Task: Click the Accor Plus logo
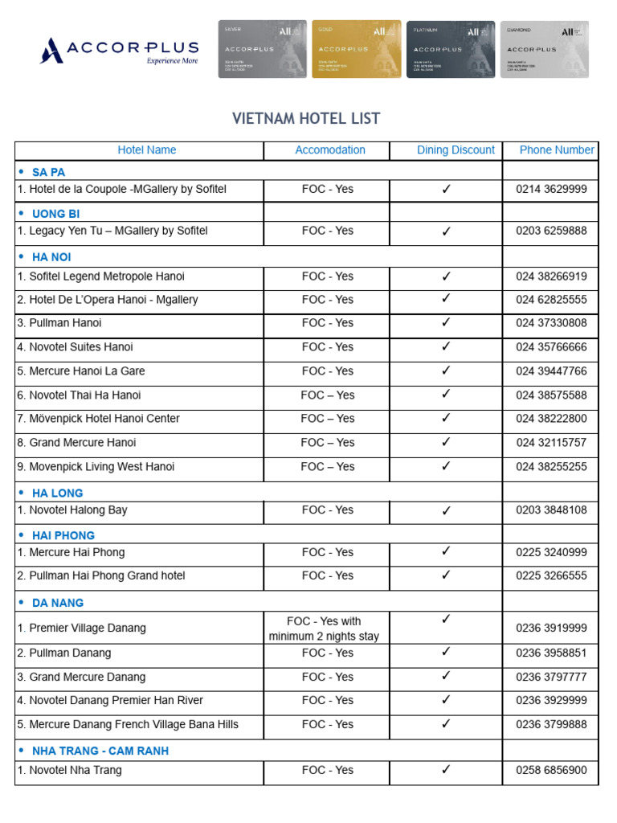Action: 119,50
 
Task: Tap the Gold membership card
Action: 356,49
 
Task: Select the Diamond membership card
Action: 544,49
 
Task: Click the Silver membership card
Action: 262,49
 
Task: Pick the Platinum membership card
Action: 450,49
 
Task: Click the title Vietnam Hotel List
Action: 306,119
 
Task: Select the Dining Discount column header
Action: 456,150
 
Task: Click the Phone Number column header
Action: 557,150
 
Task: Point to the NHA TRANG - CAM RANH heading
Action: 100,751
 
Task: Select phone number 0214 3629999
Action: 551,190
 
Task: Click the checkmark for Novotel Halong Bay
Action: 446,510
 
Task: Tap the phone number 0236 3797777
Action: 551,677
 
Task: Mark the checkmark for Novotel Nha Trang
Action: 446,770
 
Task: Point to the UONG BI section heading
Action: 55,214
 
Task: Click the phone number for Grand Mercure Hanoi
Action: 551,443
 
